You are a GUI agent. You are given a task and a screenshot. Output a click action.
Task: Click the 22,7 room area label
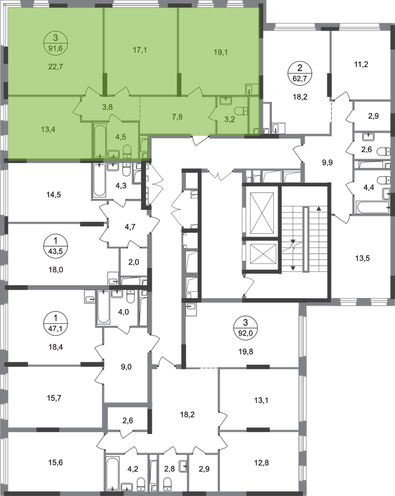(56, 66)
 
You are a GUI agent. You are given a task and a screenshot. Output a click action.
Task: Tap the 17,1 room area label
(139, 49)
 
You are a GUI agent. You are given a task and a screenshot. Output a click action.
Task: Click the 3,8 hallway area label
(107, 107)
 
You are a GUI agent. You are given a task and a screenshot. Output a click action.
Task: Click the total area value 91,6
(56, 46)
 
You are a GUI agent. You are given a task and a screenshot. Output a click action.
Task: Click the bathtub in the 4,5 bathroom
(99, 141)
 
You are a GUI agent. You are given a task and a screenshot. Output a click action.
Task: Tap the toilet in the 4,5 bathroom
(127, 151)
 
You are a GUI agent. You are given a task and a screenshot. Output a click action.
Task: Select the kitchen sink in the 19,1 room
(251, 89)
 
